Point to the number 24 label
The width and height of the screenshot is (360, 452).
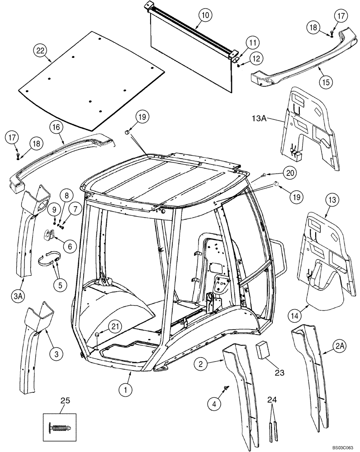(x=271, y=399)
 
